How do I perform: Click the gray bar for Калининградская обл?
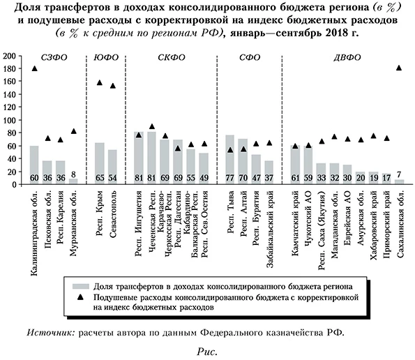pos(34,165)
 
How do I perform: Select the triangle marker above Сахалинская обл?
pos(399,68)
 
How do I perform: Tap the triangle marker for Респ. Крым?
pos(99,83)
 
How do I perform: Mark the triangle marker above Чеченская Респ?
pos(152,128)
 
